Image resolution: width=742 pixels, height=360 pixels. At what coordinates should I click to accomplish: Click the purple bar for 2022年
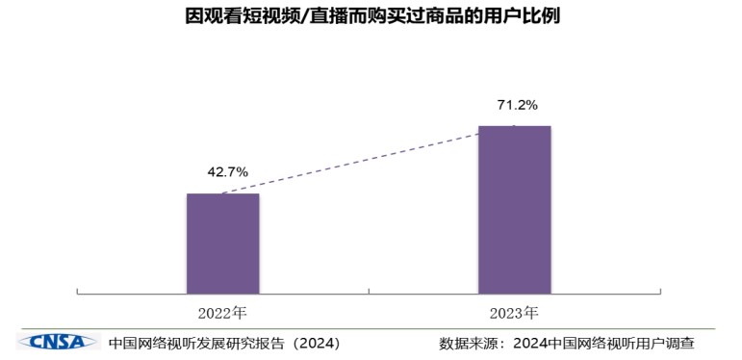click(x=222, y=243)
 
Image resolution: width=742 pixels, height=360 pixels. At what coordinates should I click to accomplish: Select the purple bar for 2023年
click(x=514, y=209)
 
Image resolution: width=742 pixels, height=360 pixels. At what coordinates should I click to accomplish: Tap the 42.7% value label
click(x=228, y=171)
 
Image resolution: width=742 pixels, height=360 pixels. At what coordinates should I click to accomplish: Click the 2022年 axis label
click(x=223, y=313)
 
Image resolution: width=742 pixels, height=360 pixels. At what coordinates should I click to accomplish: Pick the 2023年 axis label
click(x=514, y=313)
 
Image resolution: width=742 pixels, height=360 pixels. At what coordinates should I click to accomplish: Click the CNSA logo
click(x=58, y=342)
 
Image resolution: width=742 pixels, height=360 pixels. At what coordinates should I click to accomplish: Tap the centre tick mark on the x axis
click(x=369, y=291)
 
